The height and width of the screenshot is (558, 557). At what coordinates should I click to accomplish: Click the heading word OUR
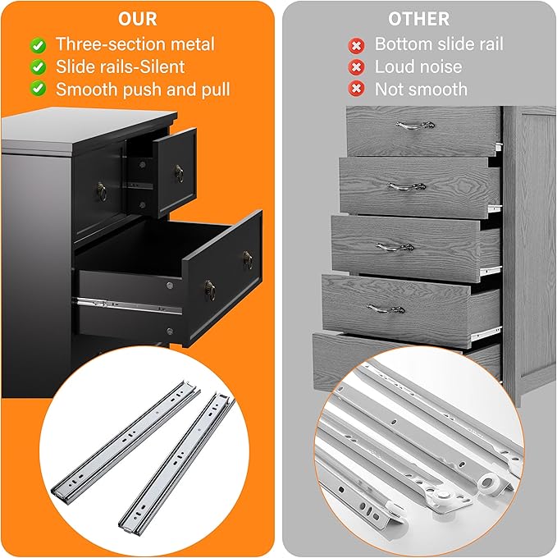[137, 19]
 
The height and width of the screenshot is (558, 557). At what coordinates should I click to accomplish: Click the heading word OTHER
[418, 19]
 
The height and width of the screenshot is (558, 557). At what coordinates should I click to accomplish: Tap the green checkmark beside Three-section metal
[38, 46]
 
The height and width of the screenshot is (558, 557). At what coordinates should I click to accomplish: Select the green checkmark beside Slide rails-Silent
[38, 67]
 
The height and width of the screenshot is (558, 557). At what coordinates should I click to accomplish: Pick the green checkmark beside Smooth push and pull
[38, 89]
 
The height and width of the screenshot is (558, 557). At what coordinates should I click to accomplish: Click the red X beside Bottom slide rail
[356, 46]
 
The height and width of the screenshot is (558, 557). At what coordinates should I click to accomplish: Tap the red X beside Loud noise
[356, 67]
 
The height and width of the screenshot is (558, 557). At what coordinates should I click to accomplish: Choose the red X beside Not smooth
[356, 89]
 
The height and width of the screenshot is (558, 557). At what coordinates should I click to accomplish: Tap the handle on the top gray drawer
[415, 126]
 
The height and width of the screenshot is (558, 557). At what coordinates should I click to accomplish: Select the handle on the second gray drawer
[407, 186]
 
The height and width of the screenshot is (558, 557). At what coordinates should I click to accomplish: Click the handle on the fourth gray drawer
[386, 309]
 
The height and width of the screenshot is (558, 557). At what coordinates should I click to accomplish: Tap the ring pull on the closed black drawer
[102, 192]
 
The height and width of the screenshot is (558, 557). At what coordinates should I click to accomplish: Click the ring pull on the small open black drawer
[179, 174]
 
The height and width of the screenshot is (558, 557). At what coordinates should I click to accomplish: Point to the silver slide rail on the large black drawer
[127, 305]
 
